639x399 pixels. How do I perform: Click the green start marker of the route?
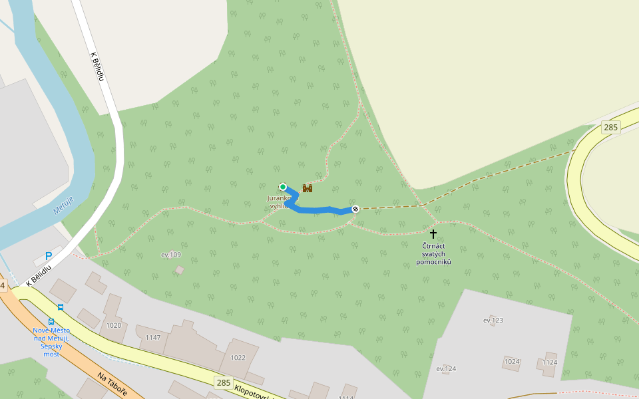(x=283, y=187)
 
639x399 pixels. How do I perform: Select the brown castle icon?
(x=308, y=188)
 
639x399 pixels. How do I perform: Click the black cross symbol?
(x=433, y=234)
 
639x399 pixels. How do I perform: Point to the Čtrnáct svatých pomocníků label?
(x=433, y=254)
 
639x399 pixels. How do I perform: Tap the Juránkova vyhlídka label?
(x=278, y=202)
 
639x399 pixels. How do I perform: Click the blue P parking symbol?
(x=49, y=256)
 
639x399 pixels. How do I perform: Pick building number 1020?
(x=114, y=325)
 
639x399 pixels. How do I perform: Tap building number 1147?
(x=153, y=337)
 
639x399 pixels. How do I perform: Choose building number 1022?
(x=238, y=357)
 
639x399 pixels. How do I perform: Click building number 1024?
(x=512, y=362)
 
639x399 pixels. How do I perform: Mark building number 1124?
(x=550, y=362)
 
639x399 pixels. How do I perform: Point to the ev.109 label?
(x=171, y=255)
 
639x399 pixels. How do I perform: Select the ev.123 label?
(x=493, y=321)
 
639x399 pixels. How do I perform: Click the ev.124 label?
(x=446, y=368)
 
